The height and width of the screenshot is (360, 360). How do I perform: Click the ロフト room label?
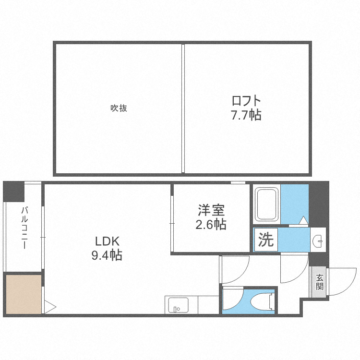pyautogui.click(x=246, y=101)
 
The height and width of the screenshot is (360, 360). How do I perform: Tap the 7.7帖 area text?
pyautogui.click(x=246, y=115)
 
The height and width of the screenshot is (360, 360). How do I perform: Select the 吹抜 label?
pyautogui.click(x=119, y=108)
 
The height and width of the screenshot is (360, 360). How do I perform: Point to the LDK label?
pyautogui.click(x=106, y=241)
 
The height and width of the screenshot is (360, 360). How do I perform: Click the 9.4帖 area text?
pyautogui.click(x=107, y=255)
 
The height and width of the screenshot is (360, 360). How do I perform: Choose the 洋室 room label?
pyautogui.click(x=212, y=210)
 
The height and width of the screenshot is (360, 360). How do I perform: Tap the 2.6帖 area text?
pyautogui.click(x=212, y=224)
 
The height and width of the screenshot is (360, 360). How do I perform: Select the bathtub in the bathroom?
pyautogui.click(x=267, y=204)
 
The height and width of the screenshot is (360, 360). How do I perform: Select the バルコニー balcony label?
pyautogui.click(x=24, y=228)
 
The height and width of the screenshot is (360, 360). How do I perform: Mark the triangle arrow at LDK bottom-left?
pyautogui.click(x=50, y=306)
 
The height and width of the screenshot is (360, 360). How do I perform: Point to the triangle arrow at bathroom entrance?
pyautogui.click(x=303, y=220)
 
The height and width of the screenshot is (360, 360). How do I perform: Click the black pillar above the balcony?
pyautogui.click(x=13, y=192)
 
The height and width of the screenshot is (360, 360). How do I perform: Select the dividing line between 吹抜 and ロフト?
pyautogui.click(x=183, y=108)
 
